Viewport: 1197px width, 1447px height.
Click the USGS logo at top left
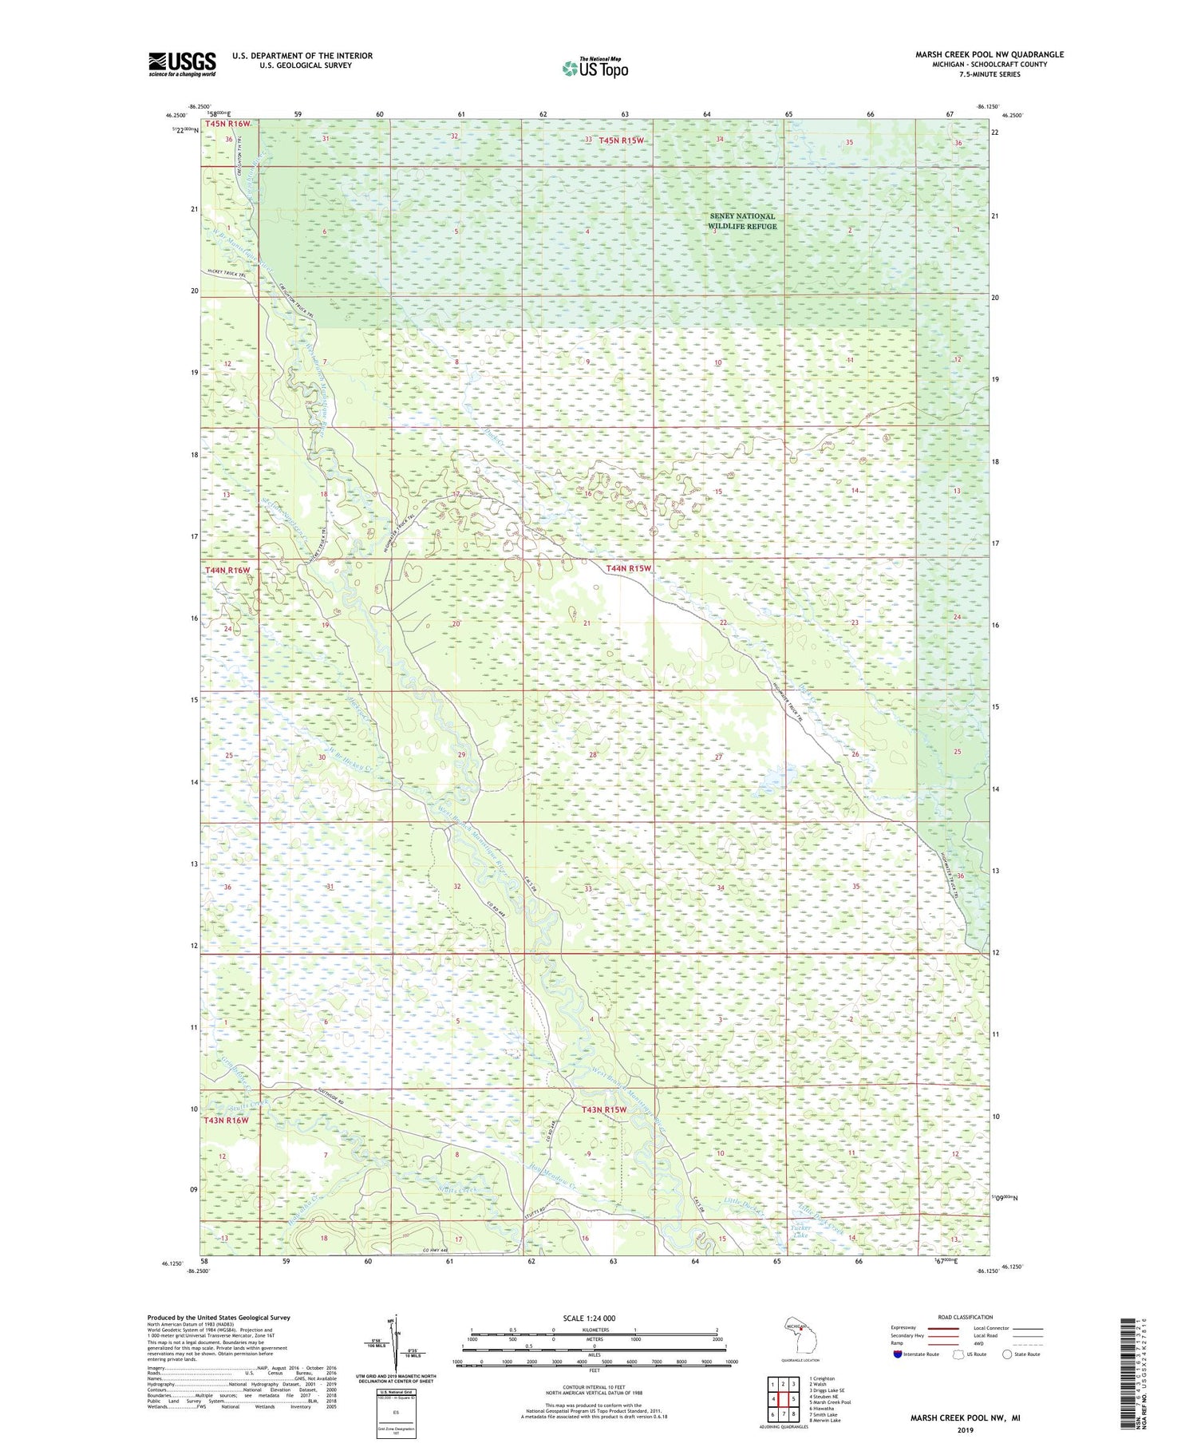point(182,64)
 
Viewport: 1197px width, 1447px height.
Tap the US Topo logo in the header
point(595,68)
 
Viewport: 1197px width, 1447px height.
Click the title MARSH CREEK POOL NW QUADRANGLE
point(989,54)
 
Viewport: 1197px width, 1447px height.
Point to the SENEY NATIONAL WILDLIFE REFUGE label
point(742,221)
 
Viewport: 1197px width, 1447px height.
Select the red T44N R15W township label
point(629,568)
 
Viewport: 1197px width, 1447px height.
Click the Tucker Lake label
point(800,1231)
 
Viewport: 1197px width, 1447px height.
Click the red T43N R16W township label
point(227,1120)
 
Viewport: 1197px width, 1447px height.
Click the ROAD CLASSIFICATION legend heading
point(966,1317)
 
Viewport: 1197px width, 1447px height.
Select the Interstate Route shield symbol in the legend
point(898,1354)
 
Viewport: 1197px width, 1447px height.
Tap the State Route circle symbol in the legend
point(1007,1354)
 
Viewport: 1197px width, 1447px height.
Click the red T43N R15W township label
point(604,1110)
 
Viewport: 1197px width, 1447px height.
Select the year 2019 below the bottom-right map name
point(965,1429)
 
